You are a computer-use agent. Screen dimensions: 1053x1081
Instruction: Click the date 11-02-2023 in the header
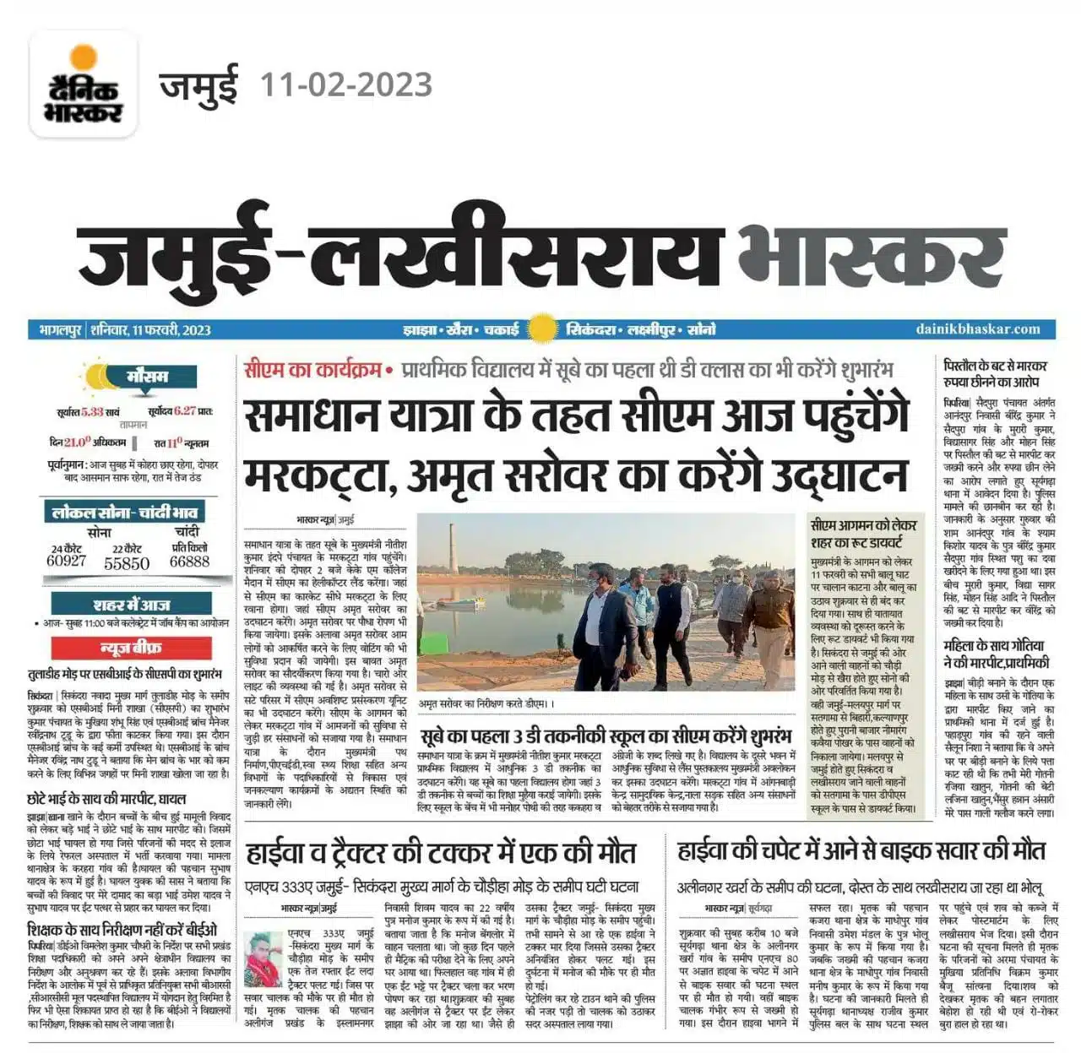tap(346, 85)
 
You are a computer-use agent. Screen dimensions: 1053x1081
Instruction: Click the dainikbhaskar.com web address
tap(978, 328)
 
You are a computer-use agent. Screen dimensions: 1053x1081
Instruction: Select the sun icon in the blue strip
tap(541, 328)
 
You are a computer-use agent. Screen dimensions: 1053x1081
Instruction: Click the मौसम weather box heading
tap(147, 376)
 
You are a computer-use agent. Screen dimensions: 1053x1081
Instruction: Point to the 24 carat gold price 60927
tap(67, 561)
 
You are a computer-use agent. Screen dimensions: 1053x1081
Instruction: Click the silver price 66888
tap(189, 561)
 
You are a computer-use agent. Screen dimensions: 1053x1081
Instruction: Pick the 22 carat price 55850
tap(127, 562)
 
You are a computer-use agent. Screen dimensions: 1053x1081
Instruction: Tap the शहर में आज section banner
tap(131, 605)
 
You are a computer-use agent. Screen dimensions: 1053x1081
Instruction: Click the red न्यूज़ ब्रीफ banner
tap(130, 648)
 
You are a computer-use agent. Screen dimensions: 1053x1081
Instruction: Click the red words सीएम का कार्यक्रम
tap(312, 369)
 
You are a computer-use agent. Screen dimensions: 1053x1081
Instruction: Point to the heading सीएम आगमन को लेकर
tap(863, 525)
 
